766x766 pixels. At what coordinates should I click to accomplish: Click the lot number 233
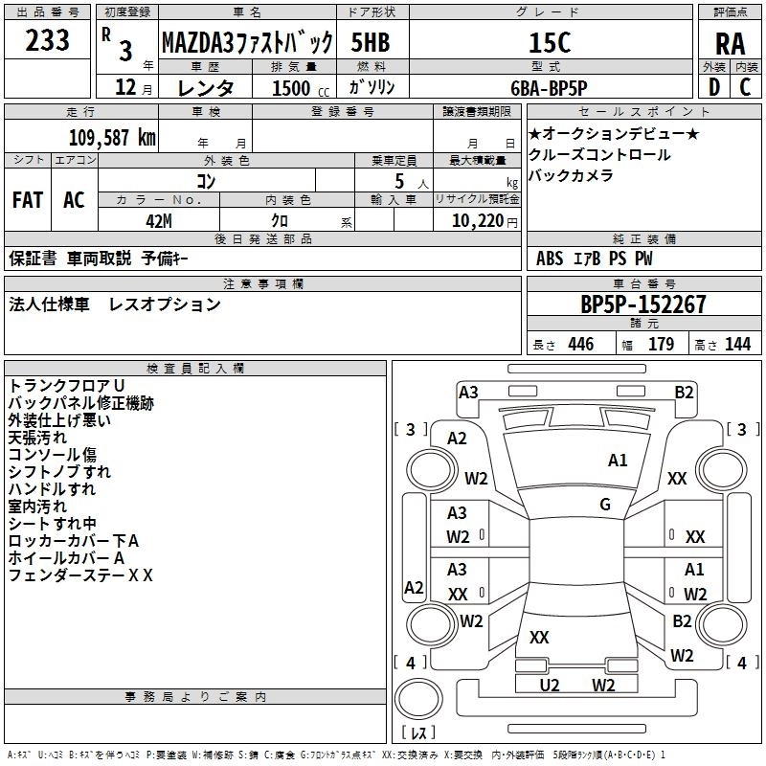47,40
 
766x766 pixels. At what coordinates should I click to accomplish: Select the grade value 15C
550,42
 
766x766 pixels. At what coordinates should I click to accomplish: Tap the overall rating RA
730,44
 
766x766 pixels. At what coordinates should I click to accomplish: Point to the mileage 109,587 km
112,138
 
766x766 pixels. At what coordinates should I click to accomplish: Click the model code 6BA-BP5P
549,88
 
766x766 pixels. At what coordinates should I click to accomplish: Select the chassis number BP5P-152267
643,304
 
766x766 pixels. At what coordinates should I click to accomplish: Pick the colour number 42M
159,221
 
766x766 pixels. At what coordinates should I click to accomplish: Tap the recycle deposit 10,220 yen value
484,221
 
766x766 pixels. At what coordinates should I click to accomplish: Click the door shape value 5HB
371,42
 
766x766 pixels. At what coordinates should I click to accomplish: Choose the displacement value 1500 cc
301,88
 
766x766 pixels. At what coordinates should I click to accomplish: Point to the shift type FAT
28,200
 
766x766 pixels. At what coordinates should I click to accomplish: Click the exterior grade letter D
714,87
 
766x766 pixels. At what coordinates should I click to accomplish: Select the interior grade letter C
745,87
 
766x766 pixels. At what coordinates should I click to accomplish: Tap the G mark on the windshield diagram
605,505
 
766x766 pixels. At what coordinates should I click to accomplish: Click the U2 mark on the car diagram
549,686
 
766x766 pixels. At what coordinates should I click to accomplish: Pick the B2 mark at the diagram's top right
684,393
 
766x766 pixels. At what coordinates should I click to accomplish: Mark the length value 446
581,344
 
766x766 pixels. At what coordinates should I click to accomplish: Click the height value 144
737,344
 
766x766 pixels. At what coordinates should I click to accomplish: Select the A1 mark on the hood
618,461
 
